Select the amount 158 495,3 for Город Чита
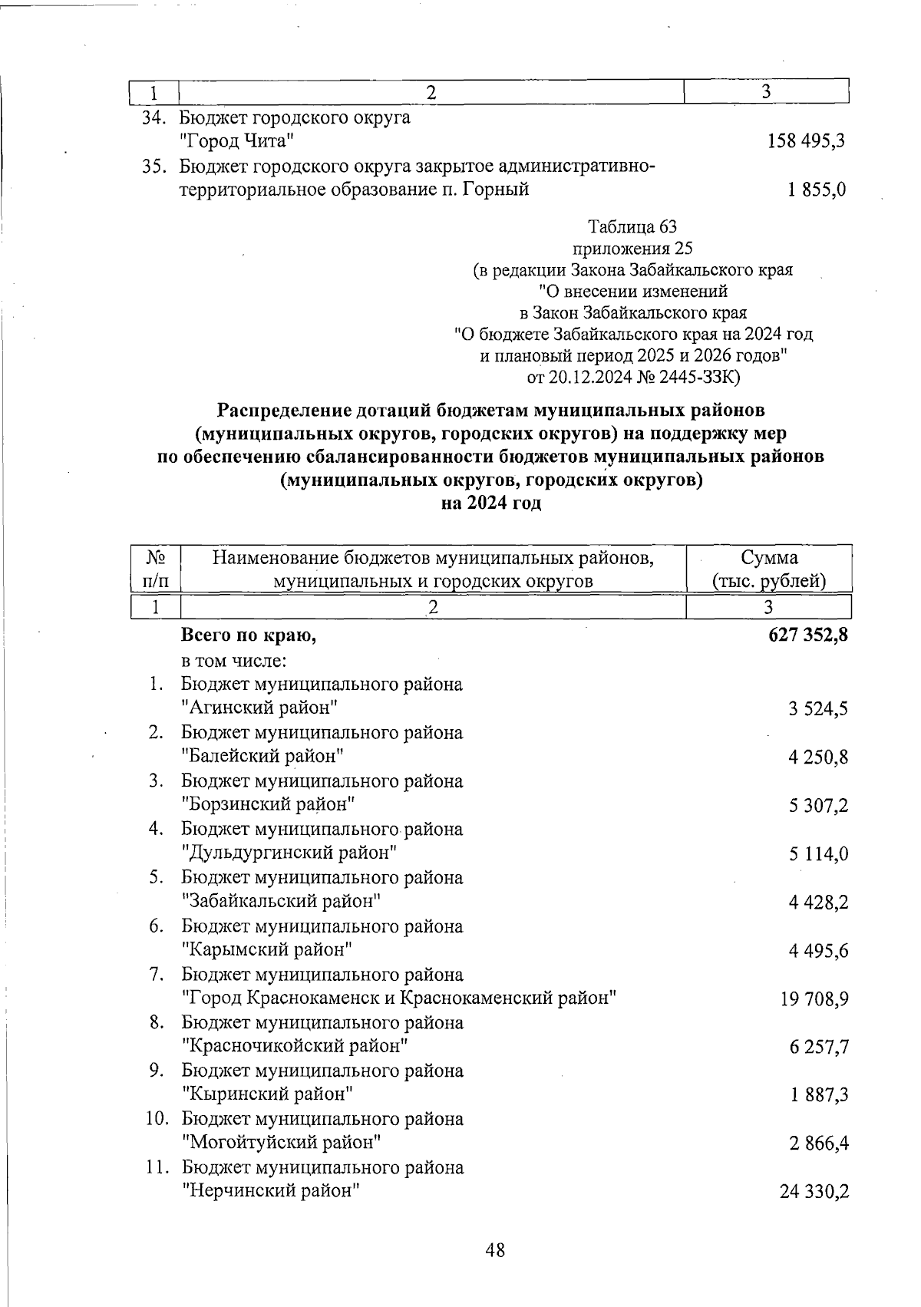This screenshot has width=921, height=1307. click(807, 140)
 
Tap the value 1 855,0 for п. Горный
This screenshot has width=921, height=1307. click(817, 190)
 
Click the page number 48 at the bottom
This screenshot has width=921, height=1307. click(496, 1250)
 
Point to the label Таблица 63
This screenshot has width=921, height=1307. click(632, 226)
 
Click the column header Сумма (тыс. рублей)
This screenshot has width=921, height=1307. click(769, 569)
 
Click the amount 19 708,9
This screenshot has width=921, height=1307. click(814, 999)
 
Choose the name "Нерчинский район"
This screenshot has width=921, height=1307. click(271, 1190)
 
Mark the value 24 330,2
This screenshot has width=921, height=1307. click(814, 1192)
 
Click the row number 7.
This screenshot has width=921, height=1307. click(157, 975)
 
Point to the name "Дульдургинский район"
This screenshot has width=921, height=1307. click(289, 853)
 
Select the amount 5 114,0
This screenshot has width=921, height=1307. click(818, 854)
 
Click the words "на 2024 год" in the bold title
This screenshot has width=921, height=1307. click(491, 503)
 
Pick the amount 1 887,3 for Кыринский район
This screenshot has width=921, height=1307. click(819, 1095)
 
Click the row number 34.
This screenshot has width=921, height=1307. click(153, 117)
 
